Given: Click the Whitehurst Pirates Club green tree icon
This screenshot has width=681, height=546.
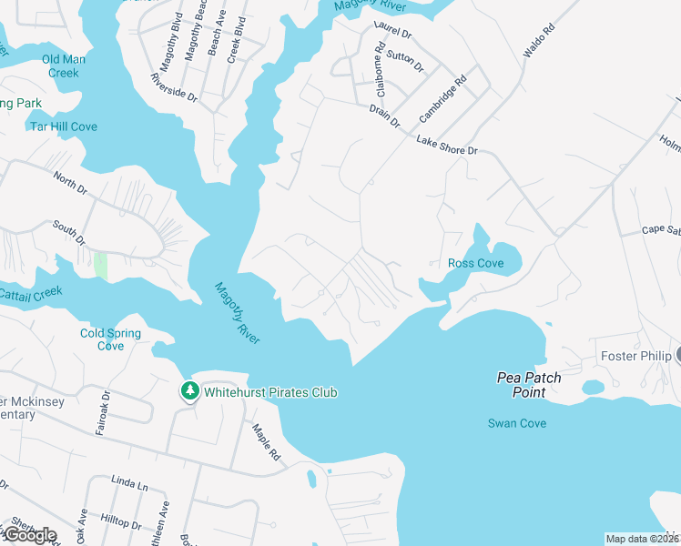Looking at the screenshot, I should [189, 391].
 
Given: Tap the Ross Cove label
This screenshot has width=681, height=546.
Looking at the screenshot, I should [476, 264].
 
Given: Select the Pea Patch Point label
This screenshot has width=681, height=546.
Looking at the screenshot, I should [529, 385].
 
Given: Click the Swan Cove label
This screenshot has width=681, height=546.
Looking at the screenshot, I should [517, 423].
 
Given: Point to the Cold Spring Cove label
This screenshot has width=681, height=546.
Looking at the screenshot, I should [110, 339].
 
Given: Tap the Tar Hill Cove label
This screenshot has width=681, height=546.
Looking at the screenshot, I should [64, 126].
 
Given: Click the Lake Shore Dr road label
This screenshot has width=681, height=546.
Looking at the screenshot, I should [447, 145].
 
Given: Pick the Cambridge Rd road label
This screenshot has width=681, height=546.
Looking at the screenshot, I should [442, 99].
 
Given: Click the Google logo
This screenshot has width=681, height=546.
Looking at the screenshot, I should [29, 535].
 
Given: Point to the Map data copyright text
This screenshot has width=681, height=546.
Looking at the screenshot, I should [641, 539].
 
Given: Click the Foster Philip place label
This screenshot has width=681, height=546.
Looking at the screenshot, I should [635, 356].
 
